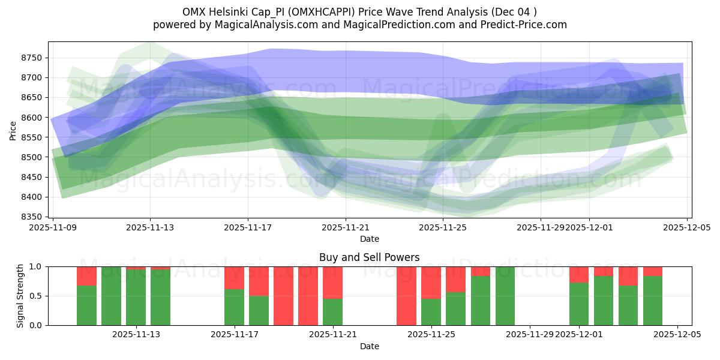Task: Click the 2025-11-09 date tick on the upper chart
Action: point(53,228)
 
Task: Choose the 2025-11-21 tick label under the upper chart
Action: point(346,228)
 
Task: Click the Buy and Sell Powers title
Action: point(370,257)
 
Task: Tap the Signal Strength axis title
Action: point(20,296)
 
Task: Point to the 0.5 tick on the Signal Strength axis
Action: point(36,296)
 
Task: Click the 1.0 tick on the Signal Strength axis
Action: point(36,266)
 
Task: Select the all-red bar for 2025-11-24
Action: point(406,296)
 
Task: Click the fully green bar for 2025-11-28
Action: point(505,296)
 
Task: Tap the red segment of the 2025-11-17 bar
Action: point(234,278)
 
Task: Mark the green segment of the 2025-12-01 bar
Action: point(579,304)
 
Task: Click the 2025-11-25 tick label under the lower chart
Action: point(431,335)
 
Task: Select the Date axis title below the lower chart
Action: point(370,346)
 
